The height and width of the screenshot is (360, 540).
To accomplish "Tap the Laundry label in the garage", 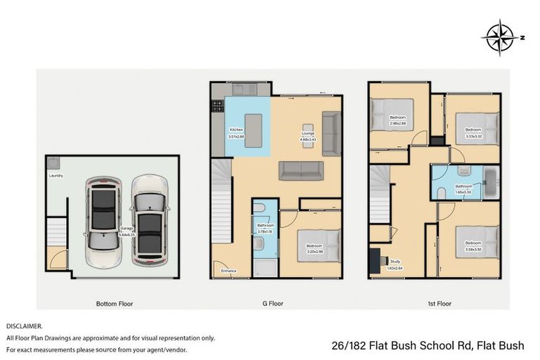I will click(x=56, y=176).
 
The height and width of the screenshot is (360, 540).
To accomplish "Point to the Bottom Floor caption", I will click(x=115, y=304).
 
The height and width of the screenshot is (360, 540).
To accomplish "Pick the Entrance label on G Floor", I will click(x=229, y=271).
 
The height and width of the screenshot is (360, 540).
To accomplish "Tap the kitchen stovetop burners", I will click(x=217, y=106).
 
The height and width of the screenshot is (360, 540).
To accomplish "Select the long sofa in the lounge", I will click(x=301, y=170).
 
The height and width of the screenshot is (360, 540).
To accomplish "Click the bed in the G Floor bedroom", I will click(x=317, y=246).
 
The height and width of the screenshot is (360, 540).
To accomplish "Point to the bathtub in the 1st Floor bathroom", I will click(x=490, y=181).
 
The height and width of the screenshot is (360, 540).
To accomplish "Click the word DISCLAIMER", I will click(x=25, y=326).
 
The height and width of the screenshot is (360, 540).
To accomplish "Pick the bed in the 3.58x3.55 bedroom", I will click(x=477, y=242).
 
